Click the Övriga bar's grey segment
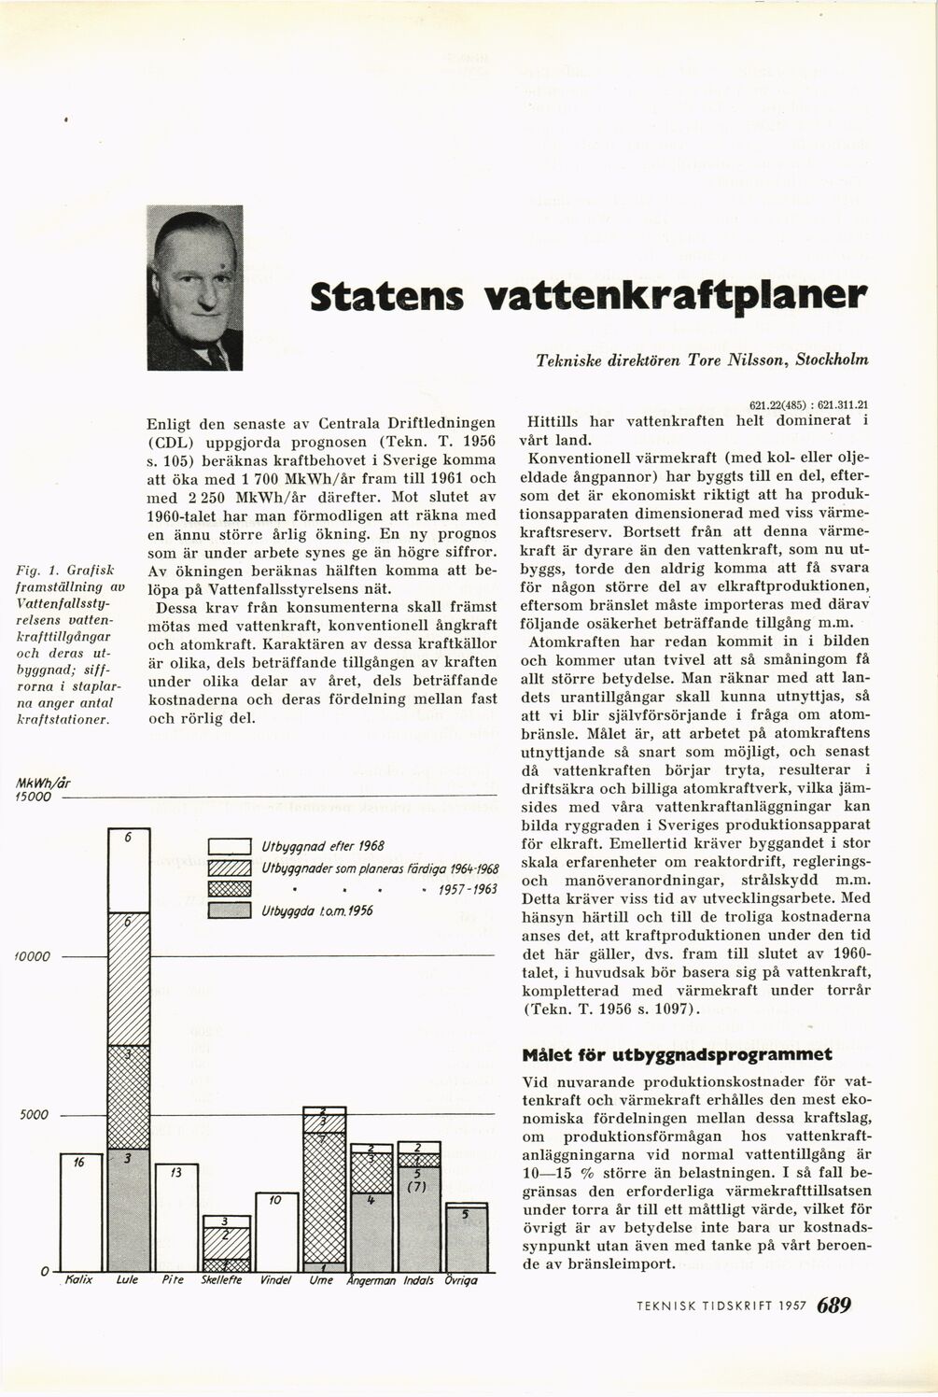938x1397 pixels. pos(467,1242)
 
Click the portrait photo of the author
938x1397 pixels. pos(195,288)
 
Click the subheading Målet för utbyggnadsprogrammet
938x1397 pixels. pos(679,1055)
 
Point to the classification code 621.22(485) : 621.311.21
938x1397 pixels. pos(808,404)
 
